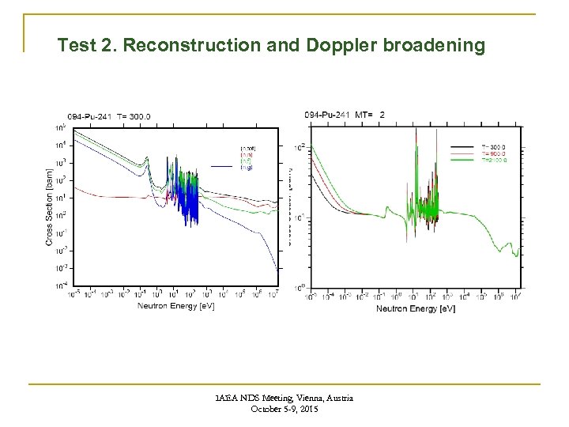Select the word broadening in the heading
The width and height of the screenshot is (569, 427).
click(433, 45)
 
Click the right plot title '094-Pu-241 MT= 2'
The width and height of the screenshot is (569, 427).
click(345, 115)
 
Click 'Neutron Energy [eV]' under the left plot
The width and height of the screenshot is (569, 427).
click(175, 305)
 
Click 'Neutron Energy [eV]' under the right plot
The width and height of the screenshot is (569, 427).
click(415, 308)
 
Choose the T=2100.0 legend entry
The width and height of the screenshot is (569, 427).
click(495, 160)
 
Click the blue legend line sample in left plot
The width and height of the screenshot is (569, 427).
click(222, 166)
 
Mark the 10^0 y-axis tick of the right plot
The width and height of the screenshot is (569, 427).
click(300, 288)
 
